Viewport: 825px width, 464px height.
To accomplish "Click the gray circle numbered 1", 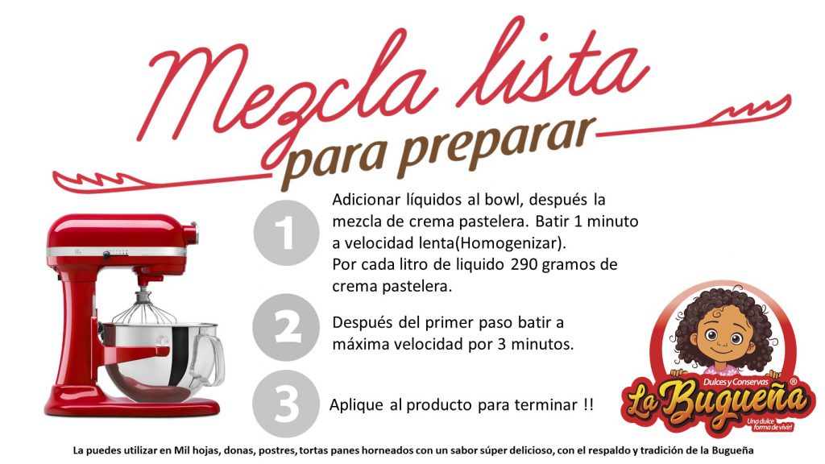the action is coord(286,232).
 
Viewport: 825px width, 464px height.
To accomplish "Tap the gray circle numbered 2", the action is coord(286,327).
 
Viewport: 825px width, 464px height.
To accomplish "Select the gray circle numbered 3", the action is coord(286,404).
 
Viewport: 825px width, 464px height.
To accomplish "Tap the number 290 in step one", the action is coord(524,264).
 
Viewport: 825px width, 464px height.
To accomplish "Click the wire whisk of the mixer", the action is coord(143,309).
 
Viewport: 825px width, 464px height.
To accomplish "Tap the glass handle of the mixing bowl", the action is coord(207,358).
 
